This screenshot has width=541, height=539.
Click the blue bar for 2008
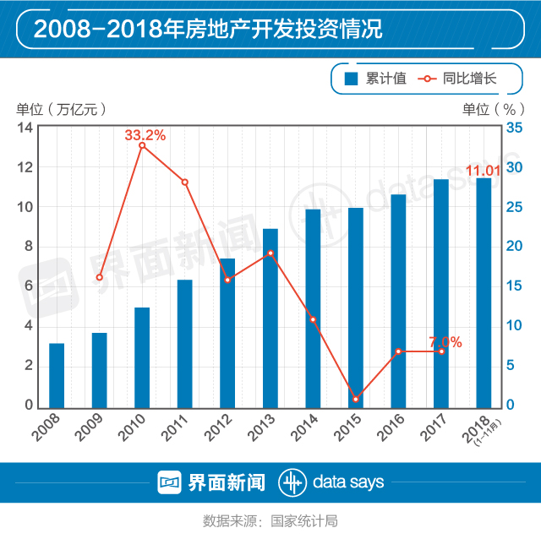(x=57, y=374)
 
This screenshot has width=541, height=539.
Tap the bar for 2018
(x=484, y=291)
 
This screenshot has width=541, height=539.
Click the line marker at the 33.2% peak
(x=142, y=145)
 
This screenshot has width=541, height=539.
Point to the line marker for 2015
(x=355, y=399)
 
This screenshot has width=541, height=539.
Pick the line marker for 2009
(x=99, y=277)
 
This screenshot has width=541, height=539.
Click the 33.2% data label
(x=145, y=134)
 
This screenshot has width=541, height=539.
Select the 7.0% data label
(x=445, y=342)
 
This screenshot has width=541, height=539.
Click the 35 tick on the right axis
(x=514, y=128)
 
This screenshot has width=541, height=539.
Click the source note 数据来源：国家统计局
(x=270, y=520)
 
